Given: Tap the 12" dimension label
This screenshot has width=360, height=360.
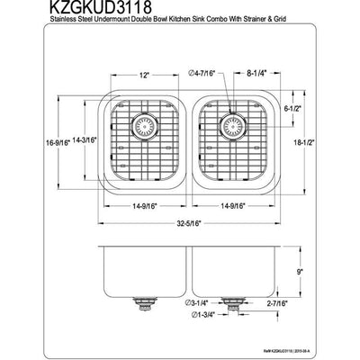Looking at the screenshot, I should [144, 76].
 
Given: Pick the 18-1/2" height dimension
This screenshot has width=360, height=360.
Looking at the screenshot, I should [322, 140].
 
